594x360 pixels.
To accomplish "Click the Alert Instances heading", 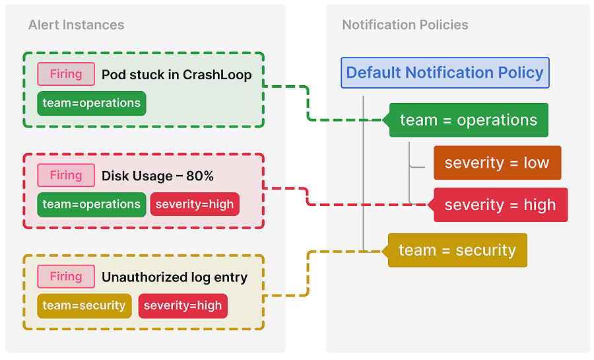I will click(x=76, y=25).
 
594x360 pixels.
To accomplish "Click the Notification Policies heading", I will click(x=405, y=25).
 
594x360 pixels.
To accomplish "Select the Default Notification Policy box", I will click(x=445, y=73).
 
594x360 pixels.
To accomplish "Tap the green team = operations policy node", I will click(x=469, y=120).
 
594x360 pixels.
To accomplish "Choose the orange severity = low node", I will click(x=496, y=163).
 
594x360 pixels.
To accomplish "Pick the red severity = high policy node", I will click(x=500, y=205).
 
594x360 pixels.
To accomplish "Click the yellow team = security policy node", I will click(x=457, y=250).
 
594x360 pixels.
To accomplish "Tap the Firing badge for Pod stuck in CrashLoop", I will click(x=66, y=74).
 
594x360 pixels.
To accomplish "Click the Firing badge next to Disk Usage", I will click(x=66, y=176).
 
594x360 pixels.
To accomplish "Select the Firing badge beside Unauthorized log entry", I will click(x=66, y=277).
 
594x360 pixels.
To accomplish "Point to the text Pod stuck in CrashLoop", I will click(x=176, y=75).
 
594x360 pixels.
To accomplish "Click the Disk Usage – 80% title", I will click(x=158, y=176).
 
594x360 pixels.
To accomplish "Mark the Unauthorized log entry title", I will click(x=174, y=277).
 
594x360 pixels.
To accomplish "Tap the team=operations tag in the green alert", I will click(x=91, y=103).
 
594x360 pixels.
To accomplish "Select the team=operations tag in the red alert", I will click(x=91, y=205).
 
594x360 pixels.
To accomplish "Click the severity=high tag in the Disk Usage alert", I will click(x=195, y=205).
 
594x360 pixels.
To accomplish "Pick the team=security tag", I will click(x=84, y=306).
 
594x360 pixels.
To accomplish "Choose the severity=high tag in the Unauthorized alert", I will click(x=183, y=306).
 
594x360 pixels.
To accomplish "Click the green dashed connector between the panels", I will click(x=308, y=102).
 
